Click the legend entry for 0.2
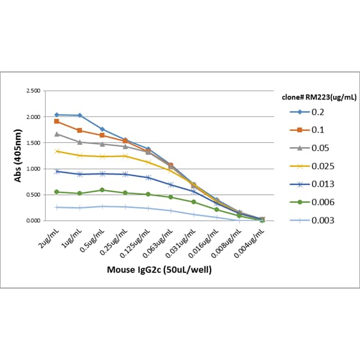313,112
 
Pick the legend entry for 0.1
313,130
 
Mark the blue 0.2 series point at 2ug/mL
56,115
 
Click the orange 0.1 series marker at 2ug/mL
56,121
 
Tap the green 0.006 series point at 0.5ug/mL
102,190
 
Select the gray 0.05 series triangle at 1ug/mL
79,142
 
